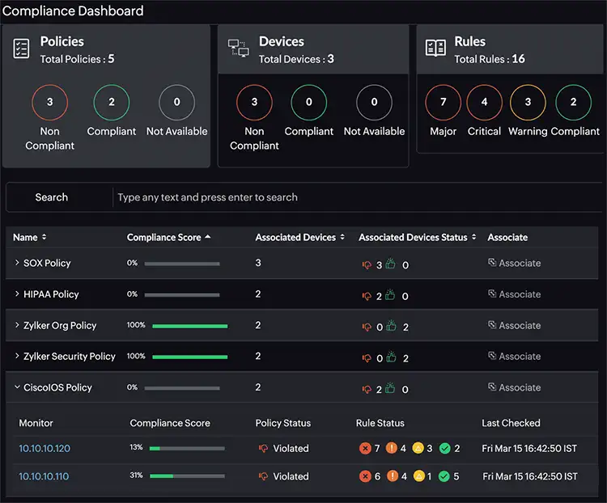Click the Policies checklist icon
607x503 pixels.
pyautogui.click(x=22, y=49)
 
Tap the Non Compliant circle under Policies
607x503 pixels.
pyautogui.click(x=49, y=103)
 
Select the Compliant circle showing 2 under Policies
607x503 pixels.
pyautogui.click(x=112, y=103)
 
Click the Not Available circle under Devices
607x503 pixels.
pyautogui.click(x=374, y=103)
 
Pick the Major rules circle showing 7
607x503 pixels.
pyautogui.click(x=443, y=103)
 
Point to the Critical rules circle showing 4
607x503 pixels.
pyautogui.click(x=484, y=103)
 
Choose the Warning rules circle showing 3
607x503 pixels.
pyautogui.click(x=528, y=103)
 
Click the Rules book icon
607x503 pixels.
pyautogui.click(x=435, y=49)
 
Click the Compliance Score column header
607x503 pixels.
pyautogui.click(x=163, y=237)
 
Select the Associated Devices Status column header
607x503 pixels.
pyautogui.click(x=413, y=237)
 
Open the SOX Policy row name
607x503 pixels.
pyautogui.click(x=47, y=263)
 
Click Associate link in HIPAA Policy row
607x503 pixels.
pyautogui.click(x=514, y=294)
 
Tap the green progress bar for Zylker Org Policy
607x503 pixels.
pyautogui.click(x=189, y=326)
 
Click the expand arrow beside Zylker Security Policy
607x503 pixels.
pyautogui.click(x=17, y=356)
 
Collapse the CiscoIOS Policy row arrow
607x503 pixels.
pyautogui.click(x=17, y=387)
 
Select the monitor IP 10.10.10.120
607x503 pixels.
pyautogui.click(x=45, y=448)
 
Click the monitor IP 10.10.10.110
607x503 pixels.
pyautogui.click(x=44, y=476)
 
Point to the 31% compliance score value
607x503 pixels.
pyautogui.click(x=136, y=476)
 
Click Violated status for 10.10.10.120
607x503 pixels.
pyautogui.click(x=290, y=448)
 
